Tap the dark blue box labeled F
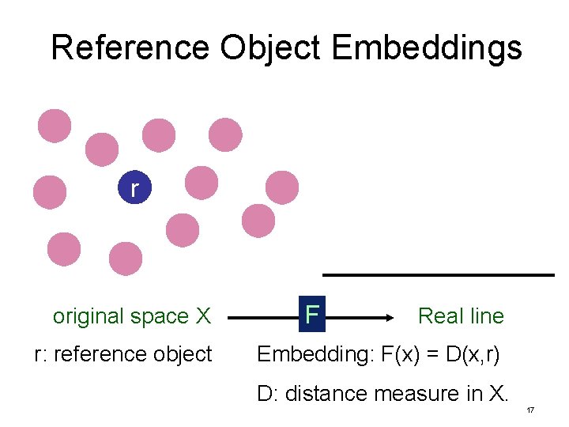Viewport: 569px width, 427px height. (x=312, y=315)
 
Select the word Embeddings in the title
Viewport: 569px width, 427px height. (x=427, y=47)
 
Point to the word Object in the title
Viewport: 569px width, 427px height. (x=270, y=47)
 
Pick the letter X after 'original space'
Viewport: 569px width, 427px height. (x=203, y=316)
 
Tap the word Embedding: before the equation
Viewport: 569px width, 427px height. (x=309, y=354)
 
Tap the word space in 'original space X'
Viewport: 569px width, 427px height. (x=163, y=317)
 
